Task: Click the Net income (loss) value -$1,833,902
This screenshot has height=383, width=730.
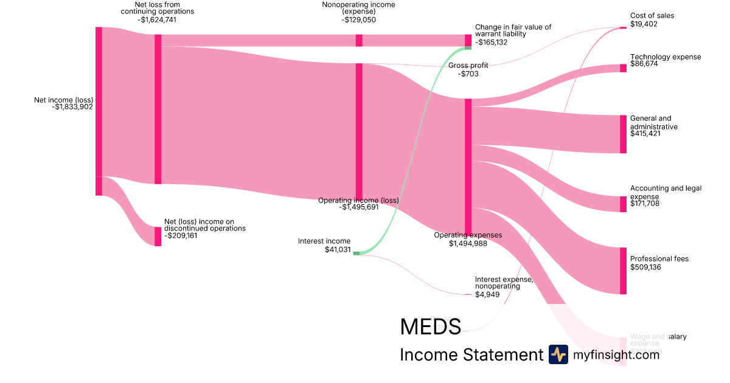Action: [x=72, y=107]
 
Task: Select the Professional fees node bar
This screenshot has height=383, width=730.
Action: [x=623, y=271]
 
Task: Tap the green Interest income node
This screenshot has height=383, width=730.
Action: [x=356, y=253]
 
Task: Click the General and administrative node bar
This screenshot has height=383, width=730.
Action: [x=623, y=134]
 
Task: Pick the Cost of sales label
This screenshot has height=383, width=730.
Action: [x=652, y=16]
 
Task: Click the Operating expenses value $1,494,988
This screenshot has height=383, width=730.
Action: [x=468, y=244]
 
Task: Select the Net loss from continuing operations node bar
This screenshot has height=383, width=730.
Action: [x=158, y=109]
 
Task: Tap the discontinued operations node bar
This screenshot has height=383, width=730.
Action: [x=158, y=236]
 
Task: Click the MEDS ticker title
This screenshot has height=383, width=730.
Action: [x=430, y=326]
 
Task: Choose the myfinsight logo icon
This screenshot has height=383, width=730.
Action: [x=558, y=354]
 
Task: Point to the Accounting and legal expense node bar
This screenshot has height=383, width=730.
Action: [x=623, y=204]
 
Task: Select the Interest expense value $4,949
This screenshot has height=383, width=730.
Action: [x=487, y=295]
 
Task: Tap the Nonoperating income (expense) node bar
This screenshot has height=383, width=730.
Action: [x=359, y=40]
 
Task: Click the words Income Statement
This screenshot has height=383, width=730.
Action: [x=471, y=355]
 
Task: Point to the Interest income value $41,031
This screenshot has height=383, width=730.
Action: [x=338, y=249]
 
